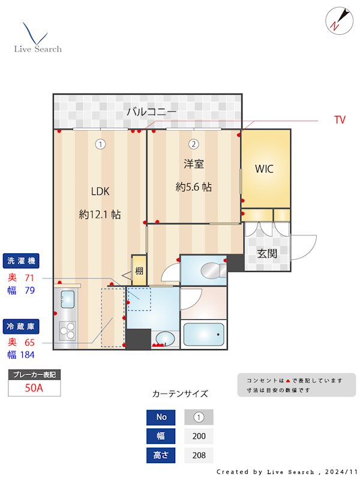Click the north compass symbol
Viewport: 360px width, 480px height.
click(335, 21)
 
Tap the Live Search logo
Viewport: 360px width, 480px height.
click(37, 38)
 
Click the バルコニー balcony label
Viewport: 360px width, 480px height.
click(151, 112)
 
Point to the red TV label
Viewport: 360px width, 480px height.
click(340, 120)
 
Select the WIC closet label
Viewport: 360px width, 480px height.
click(264, 169)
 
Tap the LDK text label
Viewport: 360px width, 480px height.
click(100, 191)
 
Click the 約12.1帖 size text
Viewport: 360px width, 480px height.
click(100, 214)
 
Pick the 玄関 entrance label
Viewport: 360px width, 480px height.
click(267, 253)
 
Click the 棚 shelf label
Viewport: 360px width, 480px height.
click(139, 271)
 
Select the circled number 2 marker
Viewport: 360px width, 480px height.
click(194, 144)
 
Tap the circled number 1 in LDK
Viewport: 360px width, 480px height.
click(100, 144)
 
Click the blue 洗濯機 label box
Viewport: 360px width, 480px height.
click(22, 261)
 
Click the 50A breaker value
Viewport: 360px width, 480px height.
click(34, 388)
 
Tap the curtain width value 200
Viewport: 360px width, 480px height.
click(199, 436)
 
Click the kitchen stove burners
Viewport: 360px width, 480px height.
click(67, 331)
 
